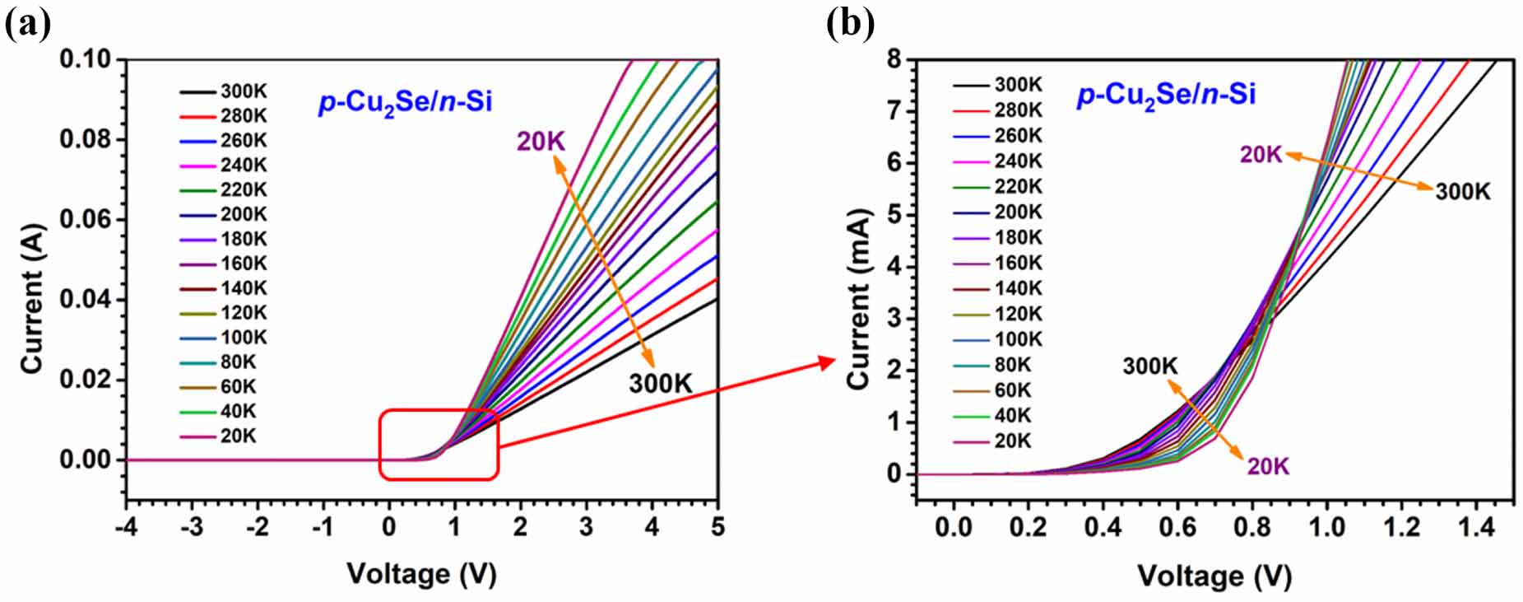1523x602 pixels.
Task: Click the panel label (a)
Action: tap(27, 25)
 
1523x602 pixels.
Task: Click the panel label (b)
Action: tap(850, 25)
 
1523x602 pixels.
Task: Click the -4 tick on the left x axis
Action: tap(126, 527)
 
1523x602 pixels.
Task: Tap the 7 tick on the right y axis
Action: tap(896, 111)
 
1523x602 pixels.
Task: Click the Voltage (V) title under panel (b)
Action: tap(1214, 576)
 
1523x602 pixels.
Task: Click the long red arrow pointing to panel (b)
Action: tap(666, 404)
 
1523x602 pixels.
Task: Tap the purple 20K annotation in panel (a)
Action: tap(541, 142)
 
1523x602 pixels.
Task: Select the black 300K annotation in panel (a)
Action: tap(661, 384)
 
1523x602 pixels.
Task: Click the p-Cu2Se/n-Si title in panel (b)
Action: tap(1166, 95)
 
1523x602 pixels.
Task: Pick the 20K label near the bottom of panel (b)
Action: tap(1268, 467)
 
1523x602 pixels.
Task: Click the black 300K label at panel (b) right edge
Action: tap(1463, 192)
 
